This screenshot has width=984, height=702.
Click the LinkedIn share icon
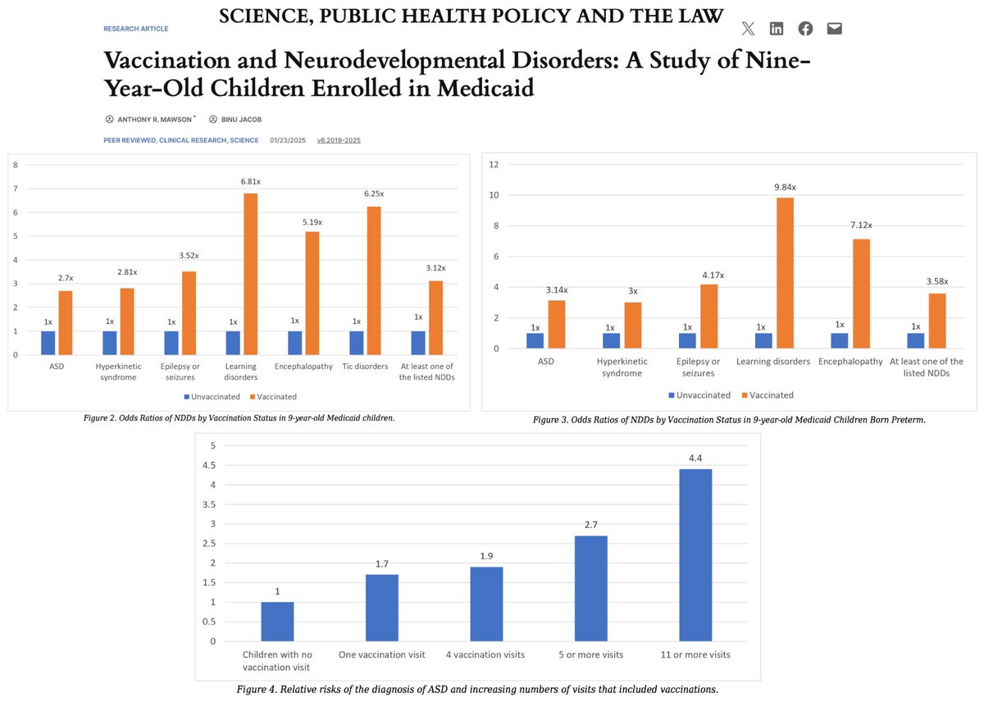click(x=777, y=29)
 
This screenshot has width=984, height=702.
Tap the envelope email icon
click(x=834, y=29)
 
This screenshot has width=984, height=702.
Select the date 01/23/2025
click(x=288, y=140)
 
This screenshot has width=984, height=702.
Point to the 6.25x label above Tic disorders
click(x=373, y=194)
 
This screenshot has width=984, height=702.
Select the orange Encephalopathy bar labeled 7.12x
click(x=861, y=294)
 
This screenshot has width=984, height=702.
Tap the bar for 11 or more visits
click(x=695, y=555)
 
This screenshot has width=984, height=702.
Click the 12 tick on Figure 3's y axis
click(x=494, y=164)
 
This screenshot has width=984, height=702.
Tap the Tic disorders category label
click(x=366, y=367)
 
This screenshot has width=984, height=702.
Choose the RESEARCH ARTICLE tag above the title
click(x=136, y=29)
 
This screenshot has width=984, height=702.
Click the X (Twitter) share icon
click(x=748, y=29)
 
